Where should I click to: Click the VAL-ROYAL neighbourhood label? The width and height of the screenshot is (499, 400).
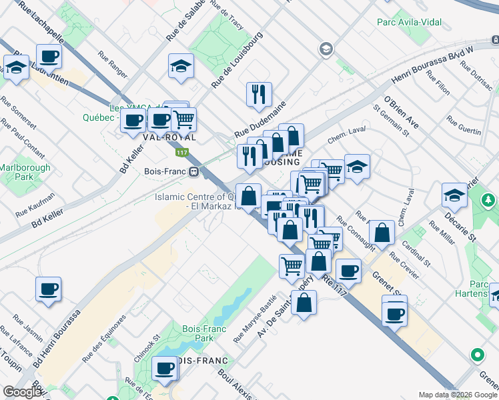[169, 137]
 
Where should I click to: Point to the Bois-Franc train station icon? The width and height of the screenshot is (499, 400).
[193, 171]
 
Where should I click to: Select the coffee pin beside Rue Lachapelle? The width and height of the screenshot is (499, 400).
[49, 57]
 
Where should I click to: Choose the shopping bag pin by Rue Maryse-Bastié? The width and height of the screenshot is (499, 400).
[304, 303]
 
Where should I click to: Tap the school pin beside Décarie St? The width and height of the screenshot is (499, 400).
[454, 195]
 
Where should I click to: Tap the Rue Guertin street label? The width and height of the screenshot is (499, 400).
[464, 126]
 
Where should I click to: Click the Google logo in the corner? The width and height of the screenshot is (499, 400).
[22, 393]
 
